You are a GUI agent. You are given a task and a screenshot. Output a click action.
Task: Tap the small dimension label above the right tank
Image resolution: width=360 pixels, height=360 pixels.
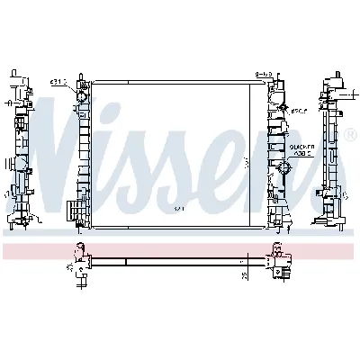pos(264,75)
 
